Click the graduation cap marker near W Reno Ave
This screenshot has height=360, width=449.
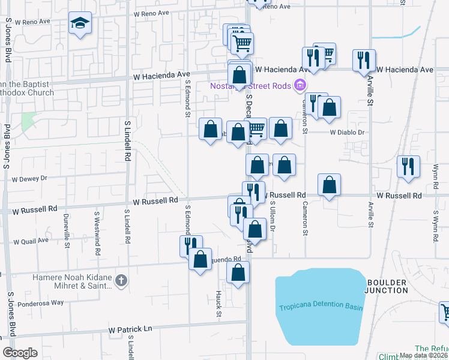79,24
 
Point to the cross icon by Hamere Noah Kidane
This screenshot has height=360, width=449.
121,280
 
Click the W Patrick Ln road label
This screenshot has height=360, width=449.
131,329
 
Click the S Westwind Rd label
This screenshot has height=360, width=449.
97,233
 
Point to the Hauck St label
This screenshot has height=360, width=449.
218,305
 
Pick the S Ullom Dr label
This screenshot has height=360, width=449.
272,218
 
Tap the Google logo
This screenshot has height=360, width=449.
20,353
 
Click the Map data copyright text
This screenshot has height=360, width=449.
423,355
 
